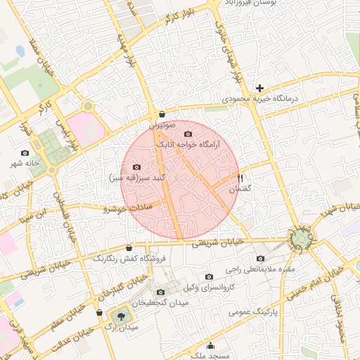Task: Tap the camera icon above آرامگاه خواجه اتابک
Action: (188, 134)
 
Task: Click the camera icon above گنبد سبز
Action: (136, 167)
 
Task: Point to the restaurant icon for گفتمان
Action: (240, 178)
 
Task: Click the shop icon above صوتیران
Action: (162, 114)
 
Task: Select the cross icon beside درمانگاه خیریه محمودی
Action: (260, 88)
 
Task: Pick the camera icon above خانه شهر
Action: (25, 153)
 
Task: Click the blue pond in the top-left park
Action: (20, 51)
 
